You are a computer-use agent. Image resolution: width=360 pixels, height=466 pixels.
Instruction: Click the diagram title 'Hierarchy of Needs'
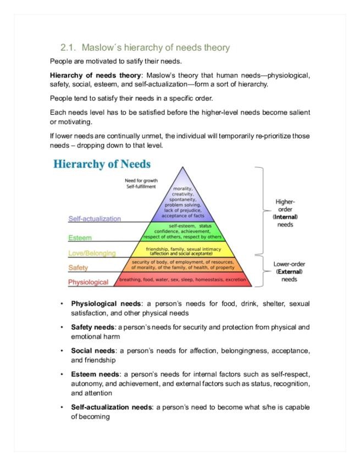102,164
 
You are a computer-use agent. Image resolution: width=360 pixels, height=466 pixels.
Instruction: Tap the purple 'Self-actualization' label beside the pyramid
95,219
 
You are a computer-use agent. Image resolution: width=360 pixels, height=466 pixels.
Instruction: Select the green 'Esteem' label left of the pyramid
80,238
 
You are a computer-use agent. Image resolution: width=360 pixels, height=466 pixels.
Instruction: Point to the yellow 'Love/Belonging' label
92,253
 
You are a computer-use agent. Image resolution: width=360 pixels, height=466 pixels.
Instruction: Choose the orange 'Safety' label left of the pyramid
78,268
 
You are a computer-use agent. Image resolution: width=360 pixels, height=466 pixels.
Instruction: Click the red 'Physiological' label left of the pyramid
88,282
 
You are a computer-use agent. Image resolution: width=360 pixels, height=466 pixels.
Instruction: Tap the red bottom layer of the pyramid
182,280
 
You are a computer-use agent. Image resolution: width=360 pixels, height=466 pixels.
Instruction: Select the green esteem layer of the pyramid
182,231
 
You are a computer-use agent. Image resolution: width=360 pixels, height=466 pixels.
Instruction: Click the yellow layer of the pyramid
183,251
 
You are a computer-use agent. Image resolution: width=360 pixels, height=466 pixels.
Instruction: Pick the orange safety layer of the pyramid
182,265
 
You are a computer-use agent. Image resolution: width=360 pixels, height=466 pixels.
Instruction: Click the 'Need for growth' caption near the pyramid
141,180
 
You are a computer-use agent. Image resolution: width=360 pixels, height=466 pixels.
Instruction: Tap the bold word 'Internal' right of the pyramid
285,217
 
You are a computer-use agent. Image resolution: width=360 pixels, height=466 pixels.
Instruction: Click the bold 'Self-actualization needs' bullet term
112,407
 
